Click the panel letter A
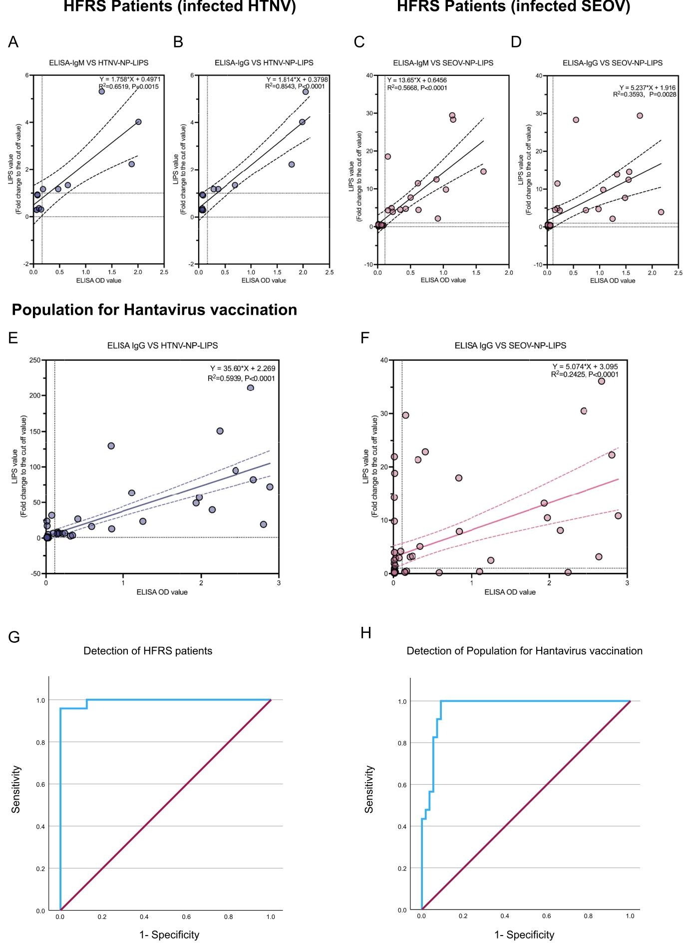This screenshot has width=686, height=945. click(13, 42)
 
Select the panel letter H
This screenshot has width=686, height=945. click(365, 633)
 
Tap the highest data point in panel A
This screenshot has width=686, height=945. click(101, 91)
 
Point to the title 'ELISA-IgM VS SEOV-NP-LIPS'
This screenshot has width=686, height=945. click(443, 63)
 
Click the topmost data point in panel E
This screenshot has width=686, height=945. click(251, 388)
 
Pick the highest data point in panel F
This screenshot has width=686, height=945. click(601, 381)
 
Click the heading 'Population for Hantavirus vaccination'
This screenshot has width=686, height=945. click(154, 310)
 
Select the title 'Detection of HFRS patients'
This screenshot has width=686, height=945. click(148, 651)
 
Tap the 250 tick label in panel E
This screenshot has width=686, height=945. click(35, 360)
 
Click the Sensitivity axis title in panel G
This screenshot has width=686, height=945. click(16, 789)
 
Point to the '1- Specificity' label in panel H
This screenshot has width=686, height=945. click(524, 935)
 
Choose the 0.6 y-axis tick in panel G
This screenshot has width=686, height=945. click(40, 785)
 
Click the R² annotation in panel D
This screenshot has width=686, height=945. click(645, 94)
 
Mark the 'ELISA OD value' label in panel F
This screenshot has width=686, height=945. click(510, 592)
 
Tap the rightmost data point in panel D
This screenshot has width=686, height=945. click(661, 212)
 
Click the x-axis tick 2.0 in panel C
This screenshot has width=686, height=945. click(508, 273)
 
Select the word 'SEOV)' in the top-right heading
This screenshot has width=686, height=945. click(607, 7)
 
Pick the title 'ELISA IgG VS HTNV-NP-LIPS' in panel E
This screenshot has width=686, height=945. click(162, 345)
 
